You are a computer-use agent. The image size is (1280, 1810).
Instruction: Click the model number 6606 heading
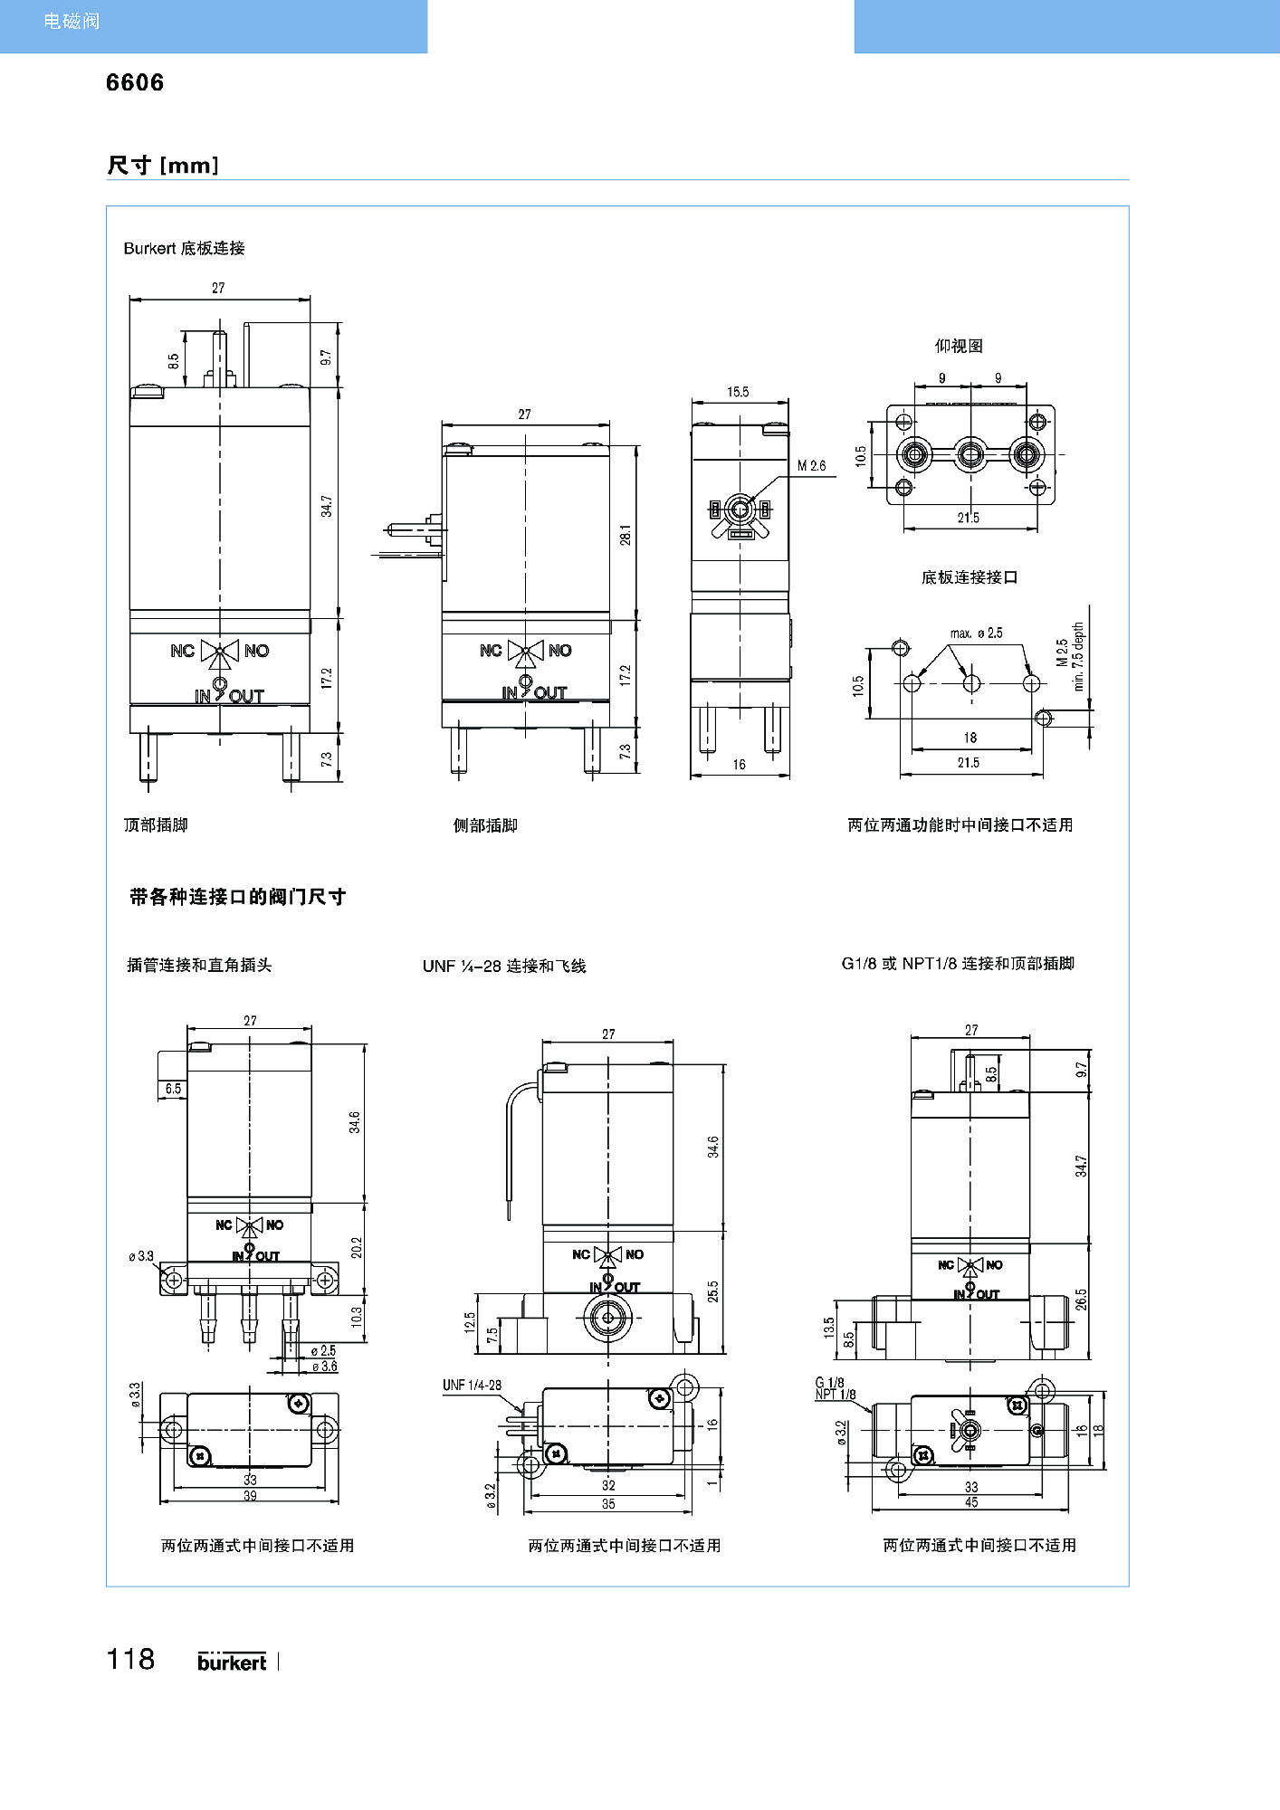[135, 82]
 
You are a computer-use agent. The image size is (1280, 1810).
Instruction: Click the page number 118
[130, 1659]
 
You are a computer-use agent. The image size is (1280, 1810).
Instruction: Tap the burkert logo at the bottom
[232, 1662]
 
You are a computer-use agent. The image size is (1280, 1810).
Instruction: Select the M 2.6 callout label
[811, 466]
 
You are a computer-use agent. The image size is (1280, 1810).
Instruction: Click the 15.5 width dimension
[738, 392]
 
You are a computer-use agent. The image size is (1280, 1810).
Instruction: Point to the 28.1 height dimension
[626, 534]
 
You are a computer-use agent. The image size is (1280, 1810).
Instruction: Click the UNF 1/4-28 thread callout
[472, 1385]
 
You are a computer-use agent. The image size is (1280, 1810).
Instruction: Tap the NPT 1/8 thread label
[836, 1395]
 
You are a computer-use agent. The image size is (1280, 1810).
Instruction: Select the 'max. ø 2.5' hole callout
[976, 633]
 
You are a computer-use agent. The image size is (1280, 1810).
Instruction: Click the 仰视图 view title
[959, 346]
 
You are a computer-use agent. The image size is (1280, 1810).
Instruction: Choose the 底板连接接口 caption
[970, 577]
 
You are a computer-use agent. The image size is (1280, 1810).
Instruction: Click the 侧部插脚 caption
[485, 825]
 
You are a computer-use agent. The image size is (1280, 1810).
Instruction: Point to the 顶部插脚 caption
[156, 824]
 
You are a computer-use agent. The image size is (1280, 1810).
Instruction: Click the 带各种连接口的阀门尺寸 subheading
[237, 897]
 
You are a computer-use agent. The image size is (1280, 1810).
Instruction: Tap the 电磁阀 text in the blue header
[72, 21]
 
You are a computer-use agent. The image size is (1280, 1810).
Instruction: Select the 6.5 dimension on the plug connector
[173, 1089]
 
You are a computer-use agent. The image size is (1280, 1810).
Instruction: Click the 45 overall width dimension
[971, 1502]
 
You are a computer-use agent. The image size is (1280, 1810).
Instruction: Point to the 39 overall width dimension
[250, 1495]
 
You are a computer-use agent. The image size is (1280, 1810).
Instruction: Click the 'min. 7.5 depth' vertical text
[1078, 656]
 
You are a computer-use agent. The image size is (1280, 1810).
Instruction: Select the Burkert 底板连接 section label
[184, 248]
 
